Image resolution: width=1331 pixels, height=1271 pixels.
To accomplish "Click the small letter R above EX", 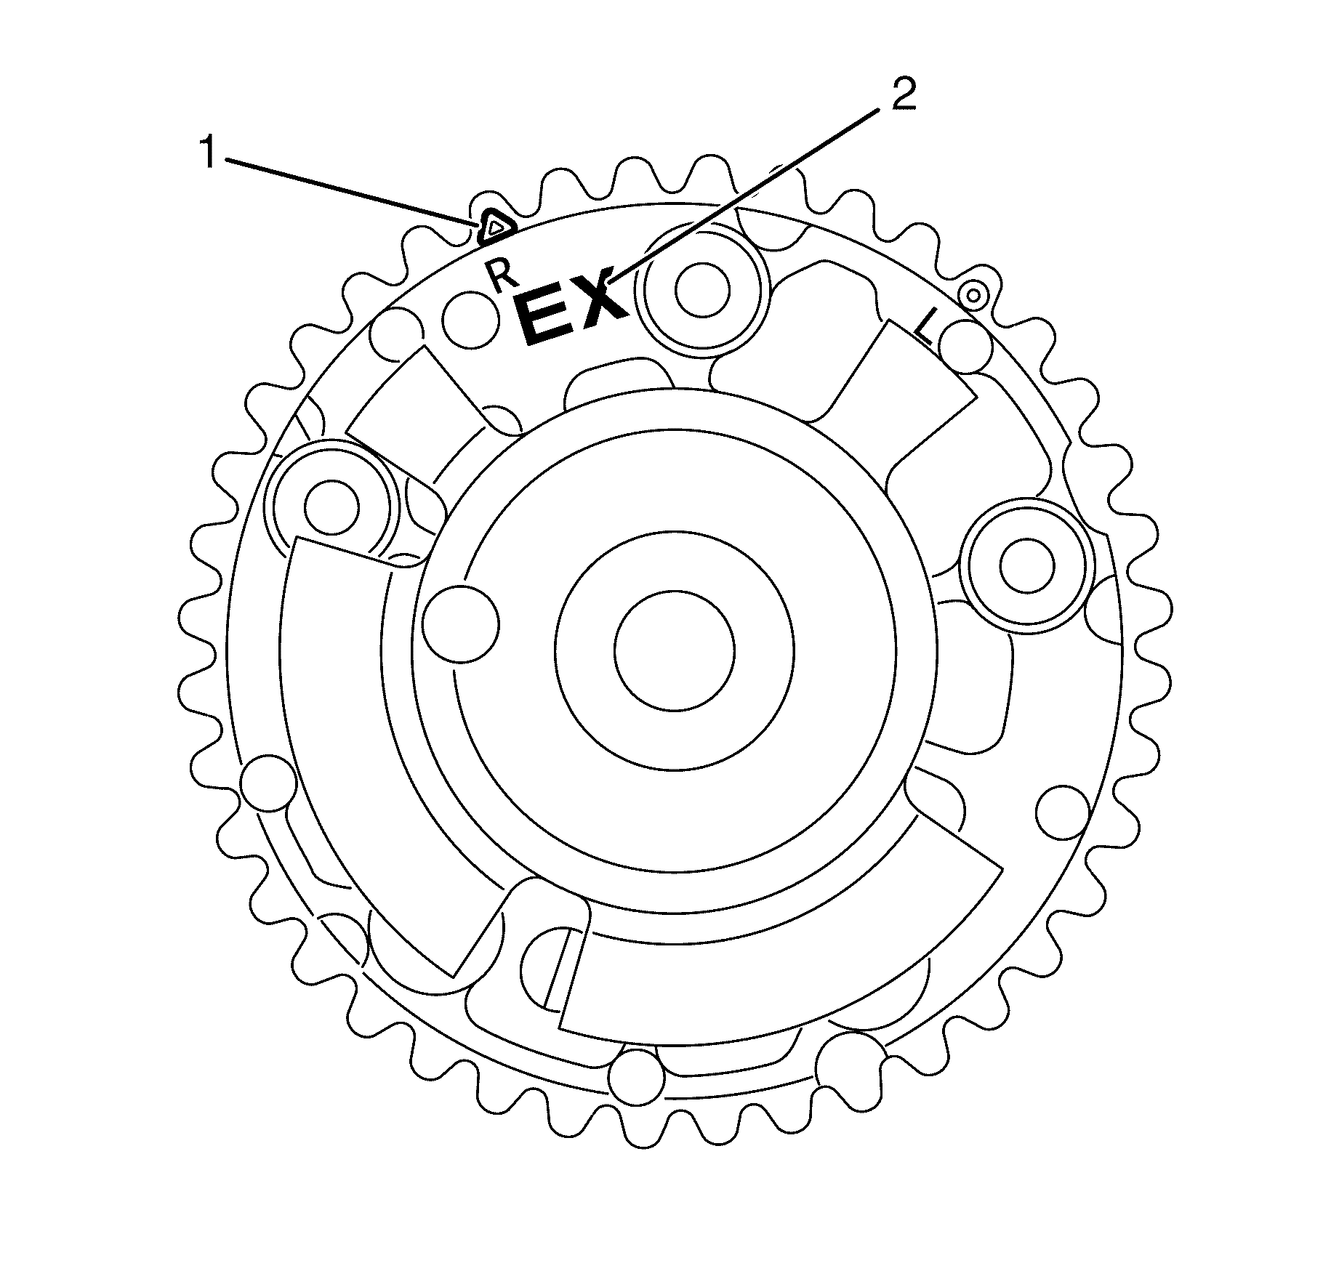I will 501,276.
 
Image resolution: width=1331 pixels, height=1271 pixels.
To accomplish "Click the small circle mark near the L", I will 973,294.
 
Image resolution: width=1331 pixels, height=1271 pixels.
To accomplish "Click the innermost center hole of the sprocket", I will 674,648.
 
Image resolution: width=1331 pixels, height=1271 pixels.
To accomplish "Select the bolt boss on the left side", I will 331,507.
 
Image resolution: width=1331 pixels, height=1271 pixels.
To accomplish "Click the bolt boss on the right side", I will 1026,565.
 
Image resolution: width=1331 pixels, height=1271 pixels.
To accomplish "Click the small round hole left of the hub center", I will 461,624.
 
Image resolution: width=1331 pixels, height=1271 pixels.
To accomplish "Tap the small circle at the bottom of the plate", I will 637,1076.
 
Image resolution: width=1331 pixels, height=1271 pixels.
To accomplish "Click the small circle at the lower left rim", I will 268,784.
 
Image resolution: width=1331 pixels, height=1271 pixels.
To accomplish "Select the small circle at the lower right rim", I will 1061,812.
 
